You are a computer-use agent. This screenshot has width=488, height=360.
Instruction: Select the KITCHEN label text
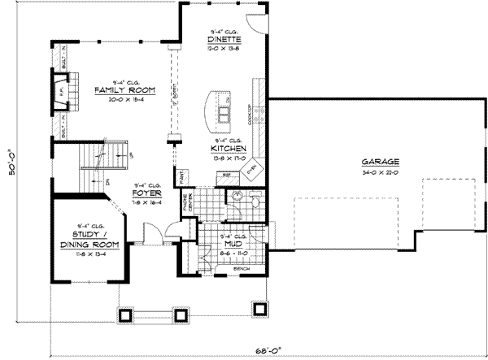(x=224, y=150)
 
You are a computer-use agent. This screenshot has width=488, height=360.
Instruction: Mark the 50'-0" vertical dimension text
(x=11, y=163)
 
